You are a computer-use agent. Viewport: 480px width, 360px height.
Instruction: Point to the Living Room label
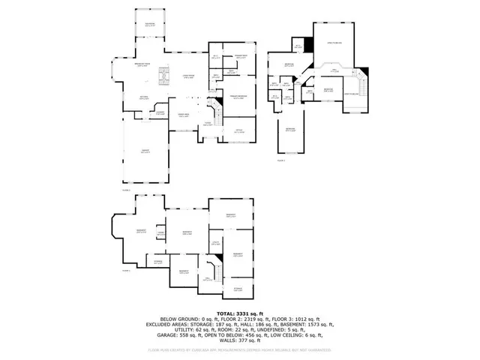[x=187, y=76]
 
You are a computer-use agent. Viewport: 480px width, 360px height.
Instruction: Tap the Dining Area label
[x=182, y=115]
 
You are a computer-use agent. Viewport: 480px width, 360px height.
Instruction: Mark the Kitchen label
[x=145, y=97]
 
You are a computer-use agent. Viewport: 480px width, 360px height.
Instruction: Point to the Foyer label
[x=208, y=124]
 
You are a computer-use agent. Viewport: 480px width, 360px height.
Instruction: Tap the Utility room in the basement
[x=215, y=243]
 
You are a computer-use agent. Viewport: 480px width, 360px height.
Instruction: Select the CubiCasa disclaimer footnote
[x=240, y=350]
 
